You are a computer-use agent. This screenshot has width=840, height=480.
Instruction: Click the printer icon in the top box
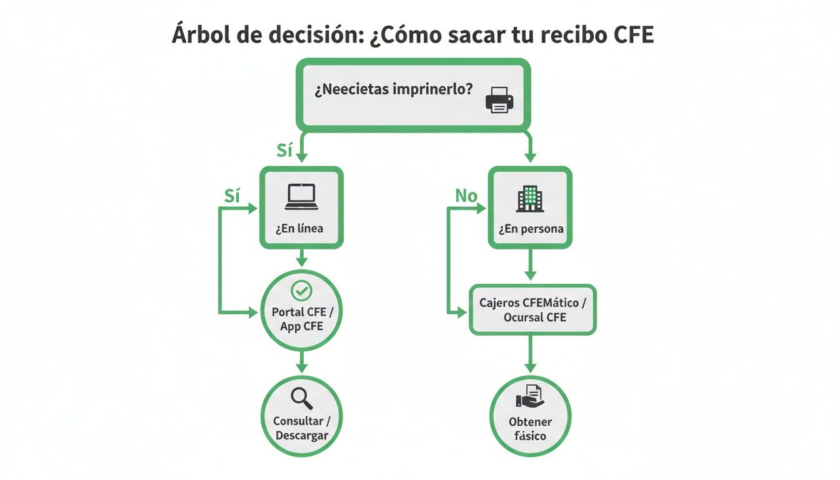pyautogui.click(x=499, y=100)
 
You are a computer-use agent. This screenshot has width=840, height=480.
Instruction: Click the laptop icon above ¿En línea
pyautogui.click(x=302, y=197)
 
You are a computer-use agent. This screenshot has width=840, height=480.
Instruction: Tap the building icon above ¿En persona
pyautogui.click(x=530, y=198)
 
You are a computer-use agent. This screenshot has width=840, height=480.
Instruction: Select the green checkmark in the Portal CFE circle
pyautogui.click(x=302, y=290)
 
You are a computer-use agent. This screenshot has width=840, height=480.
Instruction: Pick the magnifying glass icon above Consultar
pyautogui.click(x=302, y=398)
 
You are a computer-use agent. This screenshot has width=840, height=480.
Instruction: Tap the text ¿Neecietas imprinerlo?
pyautogui.click(x=393, y=90)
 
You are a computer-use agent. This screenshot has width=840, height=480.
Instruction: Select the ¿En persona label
pyautogui.click(x=531, y=229)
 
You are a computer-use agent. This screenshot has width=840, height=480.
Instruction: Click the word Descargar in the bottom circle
pyautogui.click(x=302, y=436)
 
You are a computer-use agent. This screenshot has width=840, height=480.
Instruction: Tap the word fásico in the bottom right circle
pyautogui.click(x=530, y=436)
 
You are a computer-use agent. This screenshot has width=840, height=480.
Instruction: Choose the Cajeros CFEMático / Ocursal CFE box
pyautogui.click(x=532, y=310)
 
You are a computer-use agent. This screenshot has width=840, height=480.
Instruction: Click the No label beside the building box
pyautogui.click(x=466, y=196)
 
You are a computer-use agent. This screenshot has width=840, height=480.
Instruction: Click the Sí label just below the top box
pyautogui.click(x=285, y=150)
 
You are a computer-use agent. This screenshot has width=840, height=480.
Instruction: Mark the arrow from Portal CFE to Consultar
pyautogui.click(x=302, y=362)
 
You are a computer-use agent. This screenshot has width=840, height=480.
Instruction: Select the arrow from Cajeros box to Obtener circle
pyautogui.click(x=530, y=354)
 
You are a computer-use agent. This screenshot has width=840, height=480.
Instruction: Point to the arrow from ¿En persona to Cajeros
pyautogui.click(x=530, y=265)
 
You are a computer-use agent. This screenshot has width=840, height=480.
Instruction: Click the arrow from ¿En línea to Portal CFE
pyautogui.click(x=302, y=257)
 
